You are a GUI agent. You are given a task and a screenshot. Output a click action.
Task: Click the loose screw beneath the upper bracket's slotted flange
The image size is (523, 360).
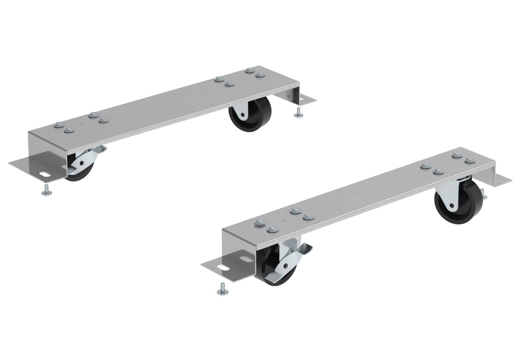point(47,190)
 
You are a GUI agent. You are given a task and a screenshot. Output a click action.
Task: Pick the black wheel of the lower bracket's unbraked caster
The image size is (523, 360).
point(452,205)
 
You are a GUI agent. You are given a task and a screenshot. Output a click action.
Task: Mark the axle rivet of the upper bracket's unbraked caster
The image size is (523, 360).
point(241,114)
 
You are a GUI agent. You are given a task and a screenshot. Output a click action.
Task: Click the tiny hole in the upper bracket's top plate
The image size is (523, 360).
point(82,122)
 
